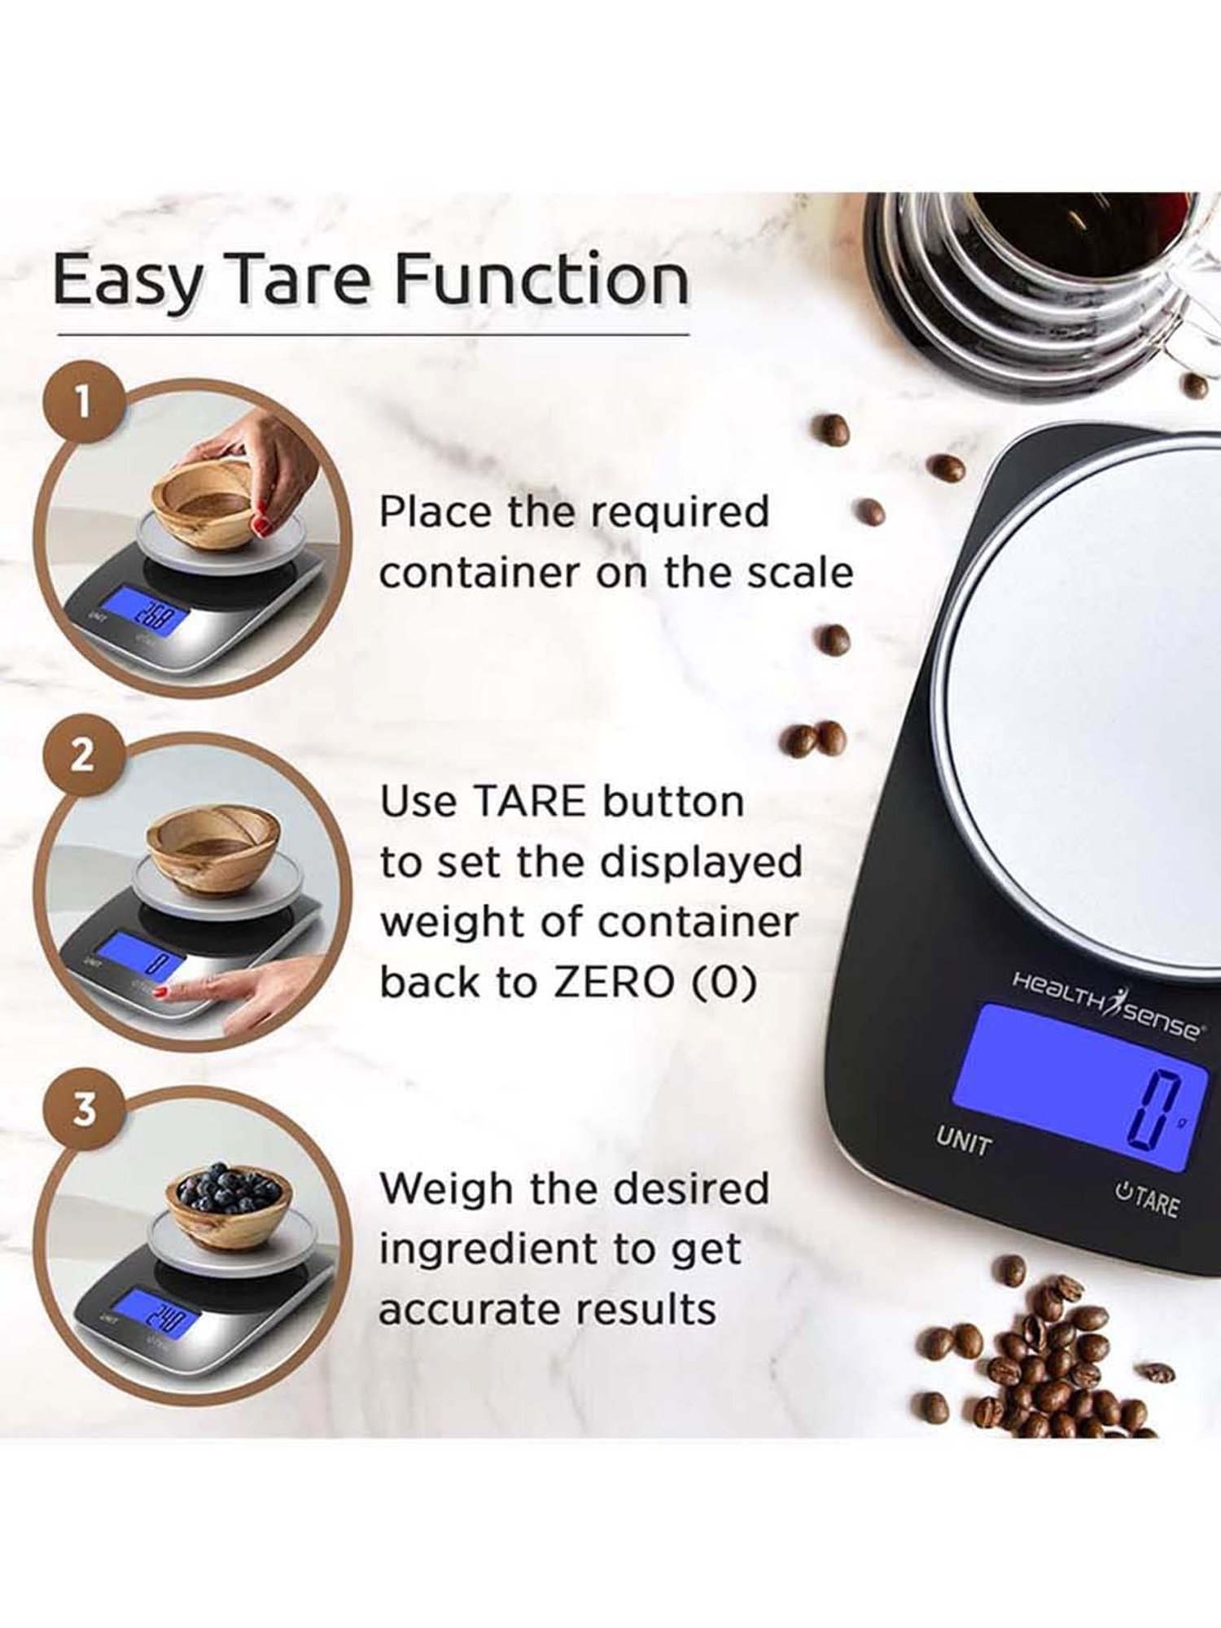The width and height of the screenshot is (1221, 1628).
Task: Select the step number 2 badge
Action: (x=81, y=757)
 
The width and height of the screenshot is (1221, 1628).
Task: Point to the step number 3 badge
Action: (x=84, y=1109)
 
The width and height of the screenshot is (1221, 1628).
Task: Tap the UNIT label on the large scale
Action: (x=964, y=1142)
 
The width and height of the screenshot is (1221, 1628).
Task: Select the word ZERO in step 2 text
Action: (x=613, y=982)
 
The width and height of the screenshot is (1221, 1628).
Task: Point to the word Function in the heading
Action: (x=541, y=281)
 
